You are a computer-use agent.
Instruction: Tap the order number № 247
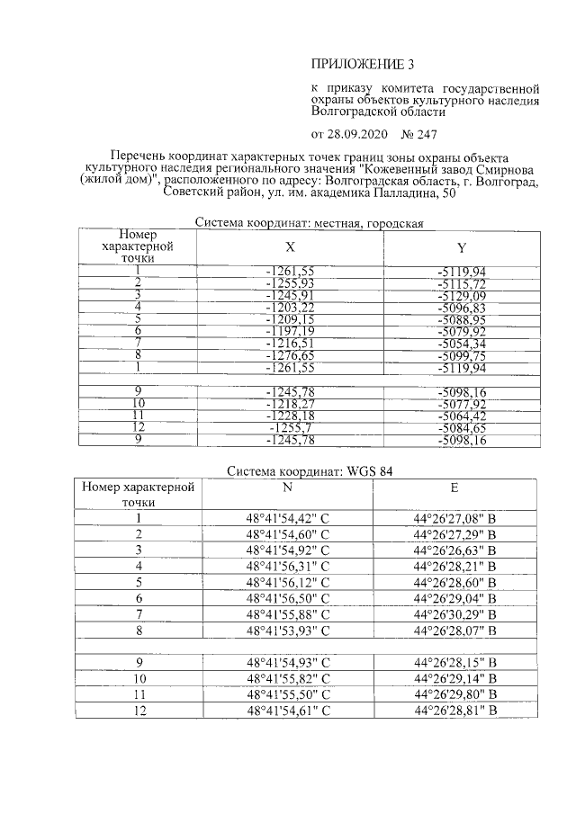(418, 134)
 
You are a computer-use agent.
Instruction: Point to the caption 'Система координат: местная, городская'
(310, 223)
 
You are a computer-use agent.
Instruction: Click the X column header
(290, 246)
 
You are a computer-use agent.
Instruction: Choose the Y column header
(461, 246)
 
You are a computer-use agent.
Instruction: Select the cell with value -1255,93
(290, 283)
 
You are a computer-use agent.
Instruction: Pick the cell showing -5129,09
(461, 295)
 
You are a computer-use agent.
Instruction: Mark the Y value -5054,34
(461, 343)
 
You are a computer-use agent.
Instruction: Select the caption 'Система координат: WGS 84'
(310, 470)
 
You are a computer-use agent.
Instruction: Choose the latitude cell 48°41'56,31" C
(288, 566)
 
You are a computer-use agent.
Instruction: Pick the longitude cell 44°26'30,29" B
(455, 613)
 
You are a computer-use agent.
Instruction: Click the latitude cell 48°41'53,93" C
(288, 630)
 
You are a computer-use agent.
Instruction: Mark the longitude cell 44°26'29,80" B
(455, 694)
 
